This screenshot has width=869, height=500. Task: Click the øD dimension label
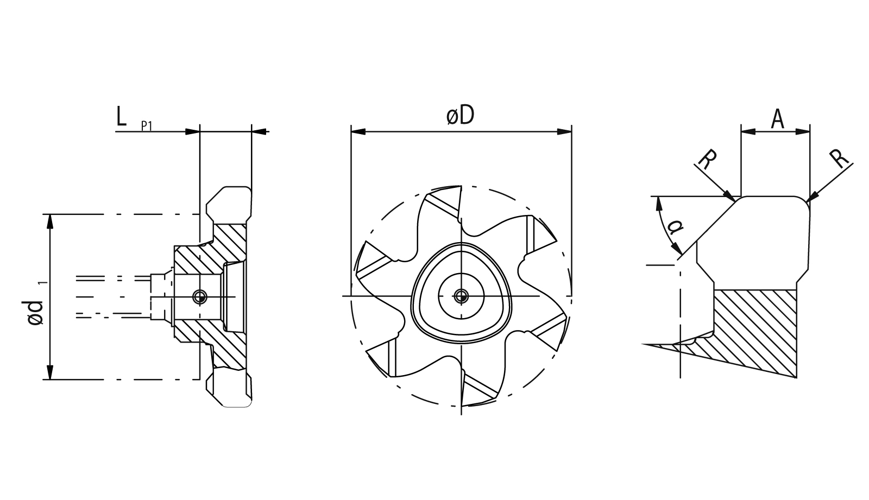(460, 116)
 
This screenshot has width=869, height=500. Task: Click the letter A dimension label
(778, 119)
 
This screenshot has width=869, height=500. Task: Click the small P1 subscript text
(147, 126)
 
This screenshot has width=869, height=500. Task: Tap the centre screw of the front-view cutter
(461, 296)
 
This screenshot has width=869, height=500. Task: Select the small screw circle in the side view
(200, 296)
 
